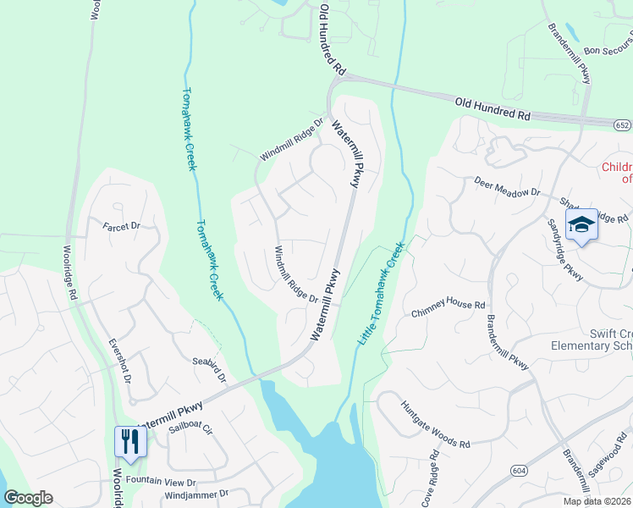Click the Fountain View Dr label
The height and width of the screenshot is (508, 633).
161,481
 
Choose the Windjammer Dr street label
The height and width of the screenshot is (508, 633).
197,493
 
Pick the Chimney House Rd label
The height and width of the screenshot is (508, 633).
448,309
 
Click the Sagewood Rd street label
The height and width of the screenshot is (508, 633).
612,461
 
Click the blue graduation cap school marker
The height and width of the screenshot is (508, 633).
581,225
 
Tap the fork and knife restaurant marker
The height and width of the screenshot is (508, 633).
129,441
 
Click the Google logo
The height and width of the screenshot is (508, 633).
28,497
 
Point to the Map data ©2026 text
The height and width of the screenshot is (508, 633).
596,501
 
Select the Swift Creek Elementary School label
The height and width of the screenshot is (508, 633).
591,339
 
